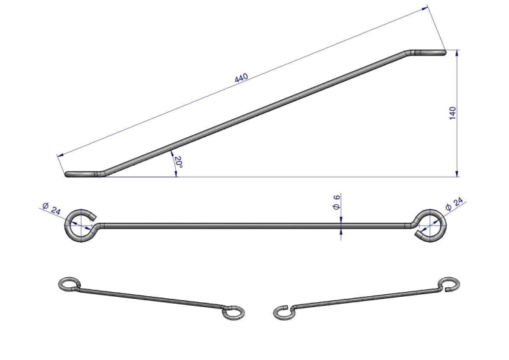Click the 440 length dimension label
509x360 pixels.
[x=241, y=78]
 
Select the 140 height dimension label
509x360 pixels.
[x=453, y=113]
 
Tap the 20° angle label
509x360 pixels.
[x=178, y=162]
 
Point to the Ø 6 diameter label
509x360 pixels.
[x=337, y=202]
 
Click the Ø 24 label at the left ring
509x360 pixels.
[x=52, y=209]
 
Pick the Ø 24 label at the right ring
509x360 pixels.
[x=454, y=204]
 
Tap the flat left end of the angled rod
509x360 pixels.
[x=81, y=174]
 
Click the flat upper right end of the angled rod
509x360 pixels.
[x=428, y=52]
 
